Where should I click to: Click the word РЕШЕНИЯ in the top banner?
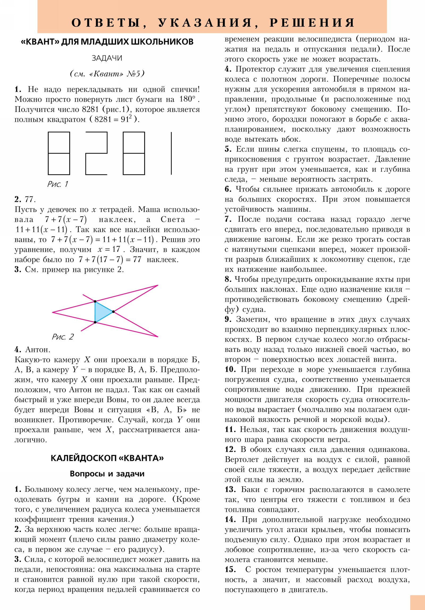(x=312, y=23)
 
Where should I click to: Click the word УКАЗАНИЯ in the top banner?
(x=205, y=23)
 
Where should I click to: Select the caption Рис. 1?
(x=58, y=184)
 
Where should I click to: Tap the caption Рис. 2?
(x=62, y=337)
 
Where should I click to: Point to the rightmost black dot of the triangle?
(x=113, y=311)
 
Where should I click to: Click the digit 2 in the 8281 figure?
(x=96, y=153)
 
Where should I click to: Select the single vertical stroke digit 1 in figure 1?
(x=171, y=153)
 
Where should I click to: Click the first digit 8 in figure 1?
(x=59, y=153)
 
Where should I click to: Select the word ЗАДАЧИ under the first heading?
(x=107, y=58)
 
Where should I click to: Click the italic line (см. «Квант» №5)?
(x=107, y=73)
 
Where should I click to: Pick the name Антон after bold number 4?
(x=37, y=349)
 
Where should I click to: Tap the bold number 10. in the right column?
(x=230, y=369)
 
